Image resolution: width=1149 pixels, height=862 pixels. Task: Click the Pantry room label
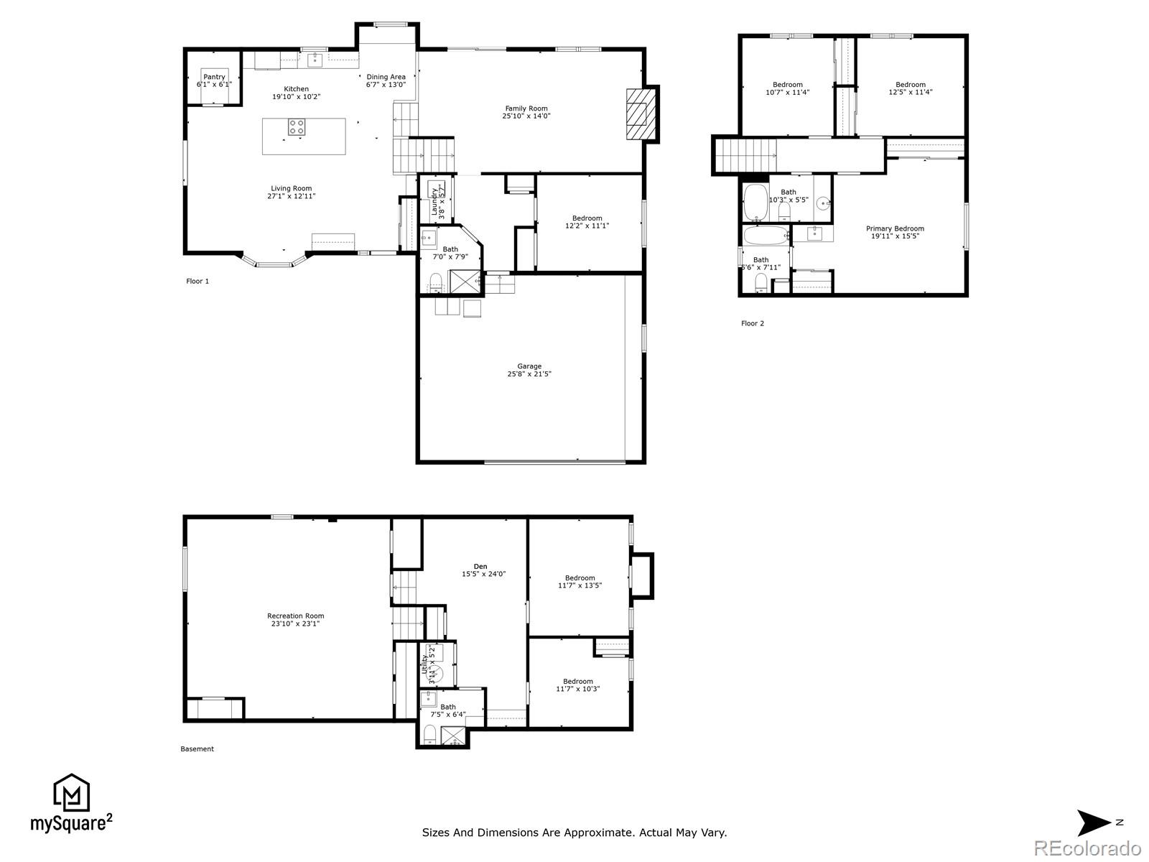click(x=214, y=78)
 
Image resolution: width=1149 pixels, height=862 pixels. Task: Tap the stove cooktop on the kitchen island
click(x=297, y=127)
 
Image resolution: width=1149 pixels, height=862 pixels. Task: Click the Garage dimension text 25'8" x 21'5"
click(x=529, y=374)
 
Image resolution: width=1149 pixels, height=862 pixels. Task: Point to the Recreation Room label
click(x=295, y=616)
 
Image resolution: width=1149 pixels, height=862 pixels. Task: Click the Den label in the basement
click(x=480, y=567)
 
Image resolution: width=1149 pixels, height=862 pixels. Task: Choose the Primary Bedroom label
click(x=895, y=228)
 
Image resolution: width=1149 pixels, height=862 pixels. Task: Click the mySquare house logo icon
click(x=71, y=794)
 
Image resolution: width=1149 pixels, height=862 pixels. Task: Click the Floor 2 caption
click(x=753, y=323)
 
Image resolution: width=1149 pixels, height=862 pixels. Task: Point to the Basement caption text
click(x=197, y=749)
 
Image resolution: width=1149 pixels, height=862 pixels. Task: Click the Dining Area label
click(x=386, y=77)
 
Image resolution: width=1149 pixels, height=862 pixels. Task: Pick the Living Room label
click(x=292, y=188)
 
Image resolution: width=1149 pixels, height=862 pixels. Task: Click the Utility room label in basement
click(x=425, y=664)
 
